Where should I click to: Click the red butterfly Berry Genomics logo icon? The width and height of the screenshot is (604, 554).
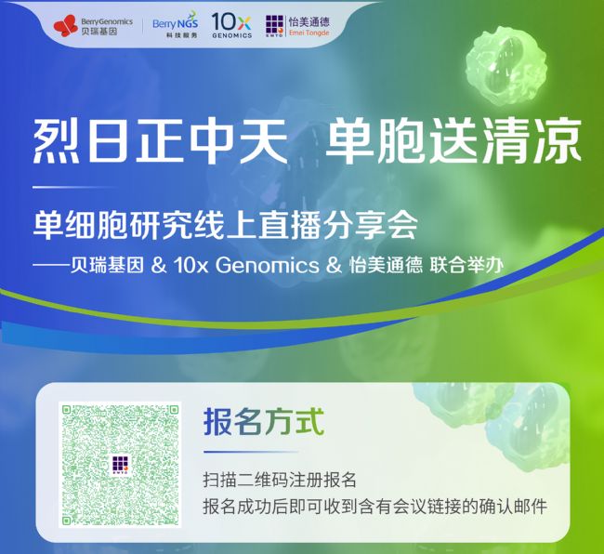(66, 26)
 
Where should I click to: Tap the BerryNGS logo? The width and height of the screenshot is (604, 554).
(176, 25)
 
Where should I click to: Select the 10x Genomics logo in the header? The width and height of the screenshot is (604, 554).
(231, 25)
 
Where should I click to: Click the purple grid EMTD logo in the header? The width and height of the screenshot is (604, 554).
(275, 26)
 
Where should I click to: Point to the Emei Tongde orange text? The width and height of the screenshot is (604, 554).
(309, 33)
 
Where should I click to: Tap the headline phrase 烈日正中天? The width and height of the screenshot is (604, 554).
(161, 141)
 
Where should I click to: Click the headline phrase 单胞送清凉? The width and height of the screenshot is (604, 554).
(453, 141)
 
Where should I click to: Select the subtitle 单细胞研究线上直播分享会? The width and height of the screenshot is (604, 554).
(226, 225)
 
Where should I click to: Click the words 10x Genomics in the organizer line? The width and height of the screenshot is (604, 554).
(246, 266)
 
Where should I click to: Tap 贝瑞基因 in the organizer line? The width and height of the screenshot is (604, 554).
(107, 266)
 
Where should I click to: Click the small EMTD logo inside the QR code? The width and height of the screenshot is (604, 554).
(120, 465)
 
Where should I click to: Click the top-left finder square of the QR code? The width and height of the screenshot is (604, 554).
(68, 410)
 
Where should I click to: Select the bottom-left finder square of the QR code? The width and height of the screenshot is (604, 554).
(68, 520)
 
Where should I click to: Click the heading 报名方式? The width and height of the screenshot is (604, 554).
(264, 422)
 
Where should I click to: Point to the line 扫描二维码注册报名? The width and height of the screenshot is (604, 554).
(280, 480)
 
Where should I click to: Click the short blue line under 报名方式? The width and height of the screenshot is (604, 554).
(251, 452)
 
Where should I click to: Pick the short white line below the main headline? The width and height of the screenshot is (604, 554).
(75, 187)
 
